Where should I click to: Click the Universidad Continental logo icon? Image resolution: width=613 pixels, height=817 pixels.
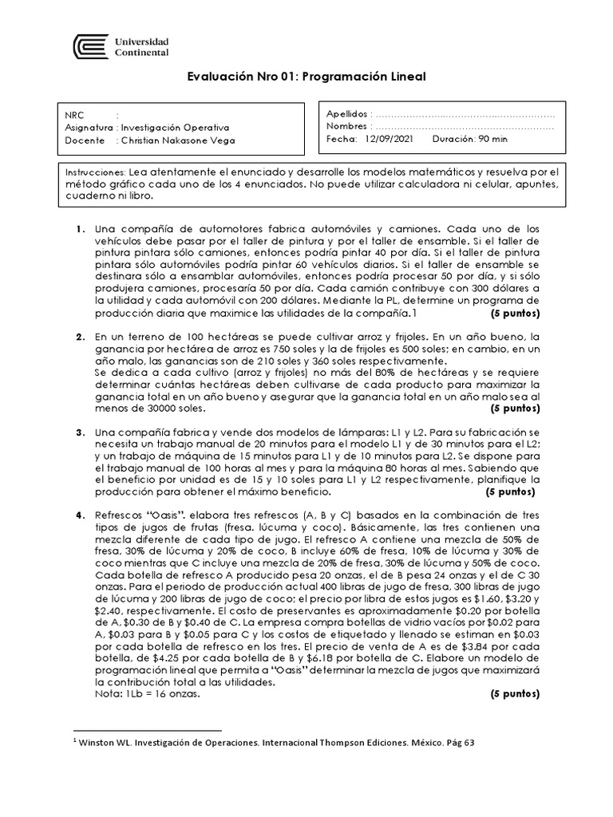coord(89,46)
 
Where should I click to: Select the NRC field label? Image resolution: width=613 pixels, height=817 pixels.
coord(75,115)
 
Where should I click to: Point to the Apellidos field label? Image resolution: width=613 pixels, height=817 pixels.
coord(347,114)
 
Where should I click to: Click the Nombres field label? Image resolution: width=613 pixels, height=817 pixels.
coord(346,126)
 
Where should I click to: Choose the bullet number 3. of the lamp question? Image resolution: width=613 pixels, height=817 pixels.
coord(81,432)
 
